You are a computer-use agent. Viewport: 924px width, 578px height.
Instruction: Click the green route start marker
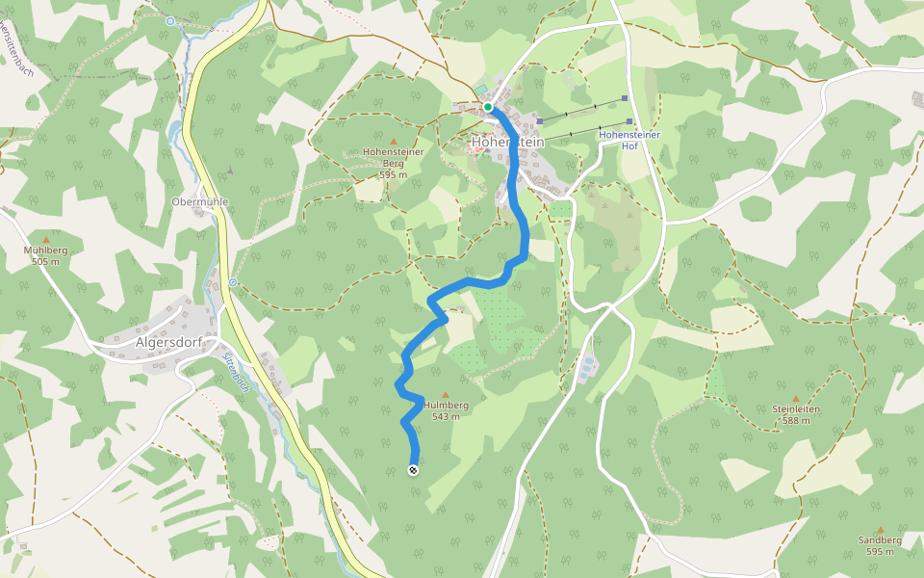pyautogui.click(x=488, y=107)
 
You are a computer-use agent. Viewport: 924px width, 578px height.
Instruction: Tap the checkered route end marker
pyautogui.click(x=413, y=470)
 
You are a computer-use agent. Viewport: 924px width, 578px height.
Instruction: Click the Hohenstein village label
pyautogui.click(x=507, y=143)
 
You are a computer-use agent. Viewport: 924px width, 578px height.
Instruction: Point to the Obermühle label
pyautogui.click(x=199, y=201)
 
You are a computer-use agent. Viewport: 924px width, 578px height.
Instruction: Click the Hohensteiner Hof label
pyautogui.click(x=629, y=141)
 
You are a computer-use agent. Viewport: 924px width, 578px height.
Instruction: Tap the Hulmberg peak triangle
pyautogui.click(x=445, y=394)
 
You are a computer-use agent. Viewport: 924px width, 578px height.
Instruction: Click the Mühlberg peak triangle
pyautogui.click(x=45, y=239)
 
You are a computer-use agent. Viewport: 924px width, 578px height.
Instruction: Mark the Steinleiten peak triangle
pyautogui.click(x=796, y=398)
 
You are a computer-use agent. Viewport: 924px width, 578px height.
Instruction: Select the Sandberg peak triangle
pyautogui.click(x=880, y=529)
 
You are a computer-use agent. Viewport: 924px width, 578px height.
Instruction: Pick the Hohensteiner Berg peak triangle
pyautogui.click(x=393, y=142)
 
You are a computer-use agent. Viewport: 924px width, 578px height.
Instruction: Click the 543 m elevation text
pyautogui.click(x=446, y=417)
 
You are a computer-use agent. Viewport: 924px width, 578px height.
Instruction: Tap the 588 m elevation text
pyautogui.click(x=796, y=421)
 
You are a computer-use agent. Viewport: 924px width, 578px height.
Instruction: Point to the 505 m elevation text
pyautogui.click(x=45, y=262)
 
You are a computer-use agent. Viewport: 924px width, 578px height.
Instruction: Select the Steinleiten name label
pyautogui.click(x=796, y=409)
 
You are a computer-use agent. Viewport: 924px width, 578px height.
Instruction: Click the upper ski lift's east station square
pyautogui.click(x=625, y=98)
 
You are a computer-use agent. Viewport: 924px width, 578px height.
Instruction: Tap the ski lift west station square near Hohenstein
pyautogui.click(x=540, y=121)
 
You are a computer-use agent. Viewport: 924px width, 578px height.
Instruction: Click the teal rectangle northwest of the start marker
pyautogui.click(x=479, y=90)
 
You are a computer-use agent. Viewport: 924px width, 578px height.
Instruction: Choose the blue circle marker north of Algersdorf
pyautogui.click(x=233, y=282)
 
